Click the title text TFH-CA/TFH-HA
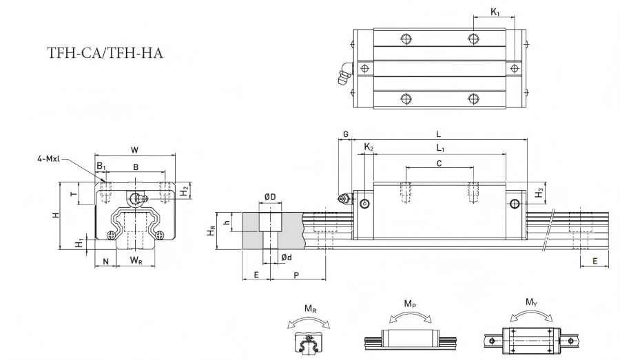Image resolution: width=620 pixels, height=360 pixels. (x=105, y=53)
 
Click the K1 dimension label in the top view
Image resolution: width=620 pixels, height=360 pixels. (x=495, y=12)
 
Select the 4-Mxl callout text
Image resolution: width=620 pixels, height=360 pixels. (x=48, y=159)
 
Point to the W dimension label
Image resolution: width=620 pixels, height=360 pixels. (x=135, y=150)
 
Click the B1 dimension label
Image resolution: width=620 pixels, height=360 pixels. (x=102, y=166)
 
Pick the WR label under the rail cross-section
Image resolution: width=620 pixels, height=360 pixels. (x=136, y=260)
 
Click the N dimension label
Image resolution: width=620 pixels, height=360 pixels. (x=105, y=261)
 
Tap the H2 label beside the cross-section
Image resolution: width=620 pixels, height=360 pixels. (x=185, y=192)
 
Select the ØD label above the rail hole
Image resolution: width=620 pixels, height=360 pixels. (x=270, y=197)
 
